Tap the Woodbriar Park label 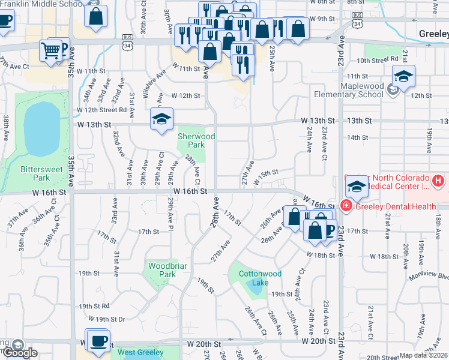click(163, 269)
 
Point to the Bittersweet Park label click(42, 173)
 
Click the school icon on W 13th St click(161, 120)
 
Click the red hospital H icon click(439, 180)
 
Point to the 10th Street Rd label click(378, 59)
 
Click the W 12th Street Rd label click(101, 110)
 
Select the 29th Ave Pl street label click(172, 215)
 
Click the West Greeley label click(142, 353)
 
